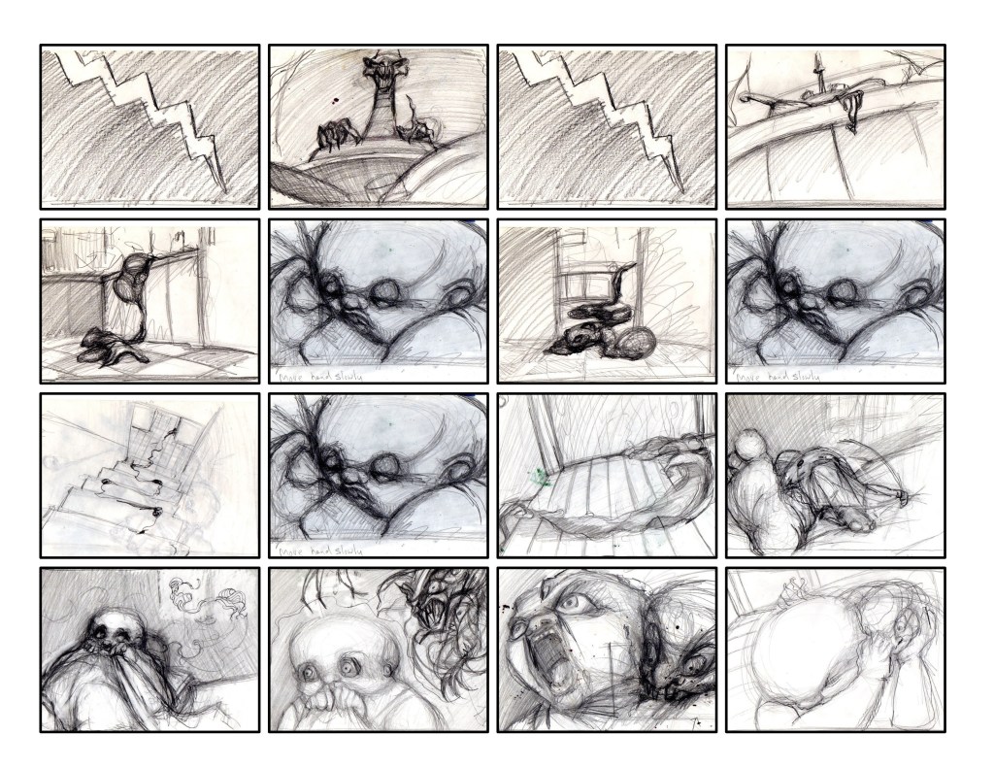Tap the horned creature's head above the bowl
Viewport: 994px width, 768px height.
tap(380, 78)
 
